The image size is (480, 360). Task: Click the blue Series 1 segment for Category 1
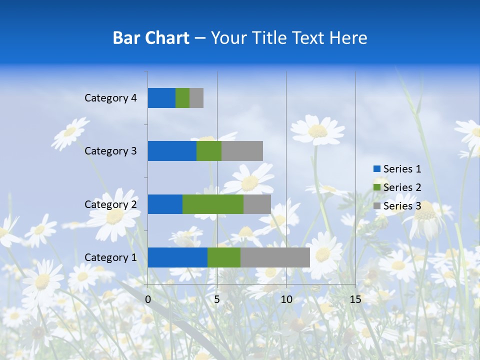point(177,257)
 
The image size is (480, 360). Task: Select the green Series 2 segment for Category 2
point(213,204)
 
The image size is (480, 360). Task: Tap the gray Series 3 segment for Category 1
point(275,257)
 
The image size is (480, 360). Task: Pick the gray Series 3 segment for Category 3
point(242,151)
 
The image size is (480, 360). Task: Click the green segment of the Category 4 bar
point(182,98)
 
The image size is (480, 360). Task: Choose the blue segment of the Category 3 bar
point(172,151)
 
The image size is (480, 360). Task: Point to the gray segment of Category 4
point(196,98)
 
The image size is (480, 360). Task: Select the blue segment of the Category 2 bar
point(165,204)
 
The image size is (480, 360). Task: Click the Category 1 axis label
point(110,257)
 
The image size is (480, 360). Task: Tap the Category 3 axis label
point(110,151)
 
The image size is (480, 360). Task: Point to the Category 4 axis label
point(110,98)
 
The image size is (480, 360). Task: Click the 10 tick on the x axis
point(286,299)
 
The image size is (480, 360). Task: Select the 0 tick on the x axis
point(148,299)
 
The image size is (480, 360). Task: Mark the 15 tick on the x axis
point(355,299)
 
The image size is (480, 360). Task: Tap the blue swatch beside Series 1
point(376,169)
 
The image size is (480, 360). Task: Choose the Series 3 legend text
point(402,206)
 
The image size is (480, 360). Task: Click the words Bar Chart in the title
point(151,38)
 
